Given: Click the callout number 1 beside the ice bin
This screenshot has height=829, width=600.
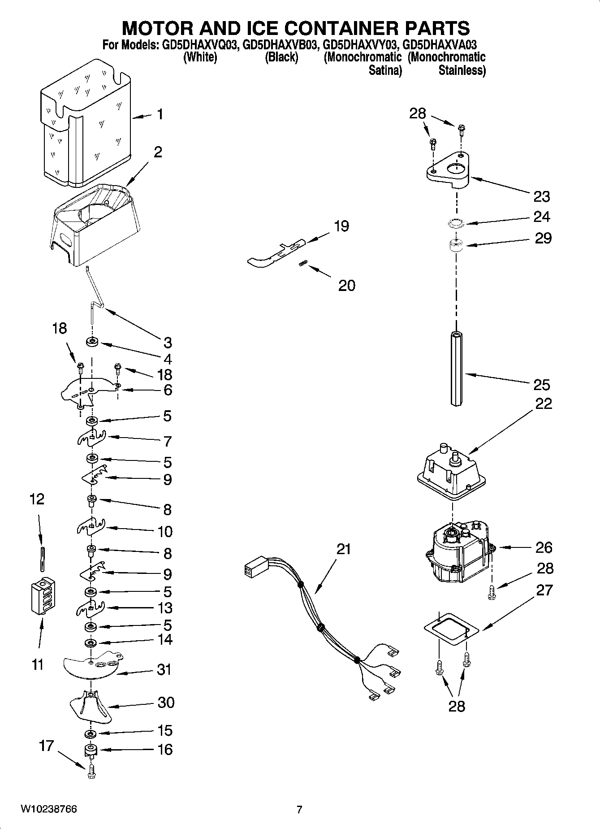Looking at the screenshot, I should [160, 115].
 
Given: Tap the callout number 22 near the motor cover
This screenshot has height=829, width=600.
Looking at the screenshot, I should [543, 404].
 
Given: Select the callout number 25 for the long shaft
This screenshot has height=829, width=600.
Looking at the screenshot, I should [542, 385].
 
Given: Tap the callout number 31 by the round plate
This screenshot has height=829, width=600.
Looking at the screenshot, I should [164, 669].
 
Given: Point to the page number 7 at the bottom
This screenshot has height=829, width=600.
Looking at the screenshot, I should [299, 809].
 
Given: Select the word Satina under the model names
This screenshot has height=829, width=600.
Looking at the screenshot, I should [385, 70].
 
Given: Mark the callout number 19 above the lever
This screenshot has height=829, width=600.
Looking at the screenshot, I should [341, 226].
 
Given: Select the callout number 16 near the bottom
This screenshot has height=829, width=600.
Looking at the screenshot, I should [165, 749].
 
